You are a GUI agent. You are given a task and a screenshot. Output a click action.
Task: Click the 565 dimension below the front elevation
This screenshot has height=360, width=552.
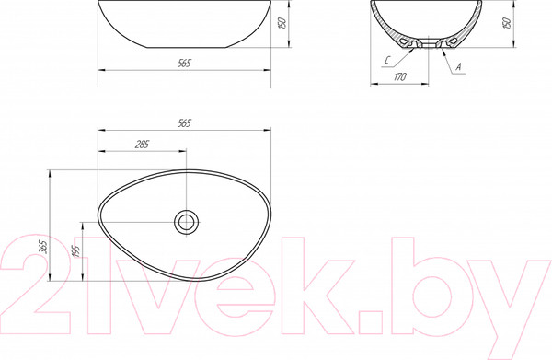[x=184, y=63]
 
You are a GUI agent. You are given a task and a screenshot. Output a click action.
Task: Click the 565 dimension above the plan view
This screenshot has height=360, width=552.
[x=184, y=123]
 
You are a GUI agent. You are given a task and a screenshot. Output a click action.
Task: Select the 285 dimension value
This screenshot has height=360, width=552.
[x=142, y=144]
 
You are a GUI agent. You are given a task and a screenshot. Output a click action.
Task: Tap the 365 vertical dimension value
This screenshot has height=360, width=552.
[x=42, y=247]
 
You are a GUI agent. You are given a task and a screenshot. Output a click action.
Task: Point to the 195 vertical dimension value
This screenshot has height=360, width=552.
[x=75, y=250]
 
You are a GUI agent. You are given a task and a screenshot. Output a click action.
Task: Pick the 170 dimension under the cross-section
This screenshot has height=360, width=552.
[x=399, y=76]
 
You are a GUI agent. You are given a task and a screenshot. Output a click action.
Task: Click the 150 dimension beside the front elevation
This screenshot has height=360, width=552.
[x=282, y=23]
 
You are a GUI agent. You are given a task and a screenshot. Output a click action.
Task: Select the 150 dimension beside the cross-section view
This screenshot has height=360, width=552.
[x=507, y=23]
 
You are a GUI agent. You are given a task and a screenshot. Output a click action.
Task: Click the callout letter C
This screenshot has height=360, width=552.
[x=387, y=60]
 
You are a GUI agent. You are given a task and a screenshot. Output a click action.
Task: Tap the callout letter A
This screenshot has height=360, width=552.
[x=458, y=66]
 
